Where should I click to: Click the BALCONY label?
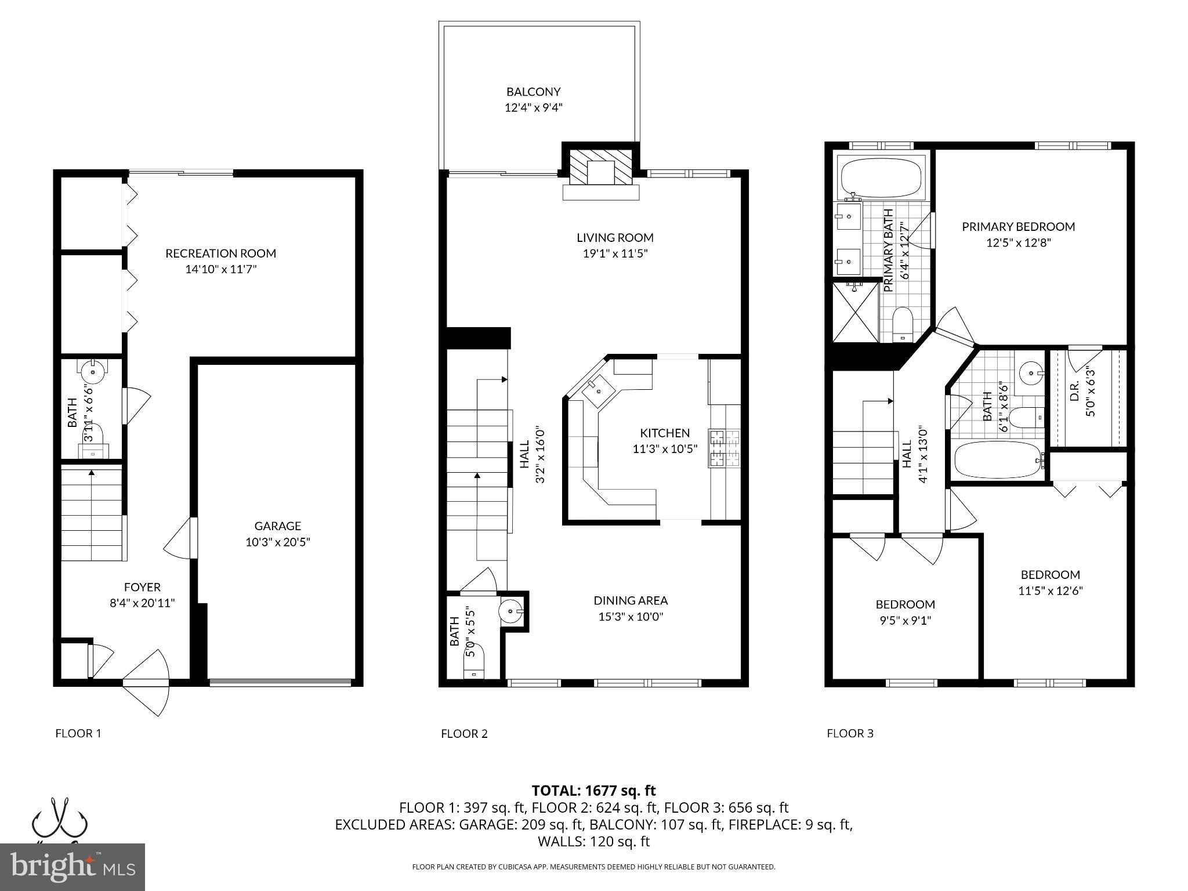(x=533, y=92)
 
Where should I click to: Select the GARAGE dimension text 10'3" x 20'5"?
(x=277, y=542)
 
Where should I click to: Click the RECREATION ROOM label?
(x=220, y=253)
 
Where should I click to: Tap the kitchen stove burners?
(x=723, y=448)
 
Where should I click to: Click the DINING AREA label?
(x=631, y=600)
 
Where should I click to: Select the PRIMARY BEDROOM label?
(x=1018, y=227)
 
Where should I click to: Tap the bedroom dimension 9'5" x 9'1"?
(x=905, y=621)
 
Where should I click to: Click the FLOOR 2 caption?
(x=464, y=733)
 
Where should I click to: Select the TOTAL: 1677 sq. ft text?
(x=593, y=790)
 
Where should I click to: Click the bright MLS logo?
(x=73, y=867)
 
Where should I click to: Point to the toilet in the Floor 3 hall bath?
(x=1027, y=417)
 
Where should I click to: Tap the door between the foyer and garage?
(x=181, y=539)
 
